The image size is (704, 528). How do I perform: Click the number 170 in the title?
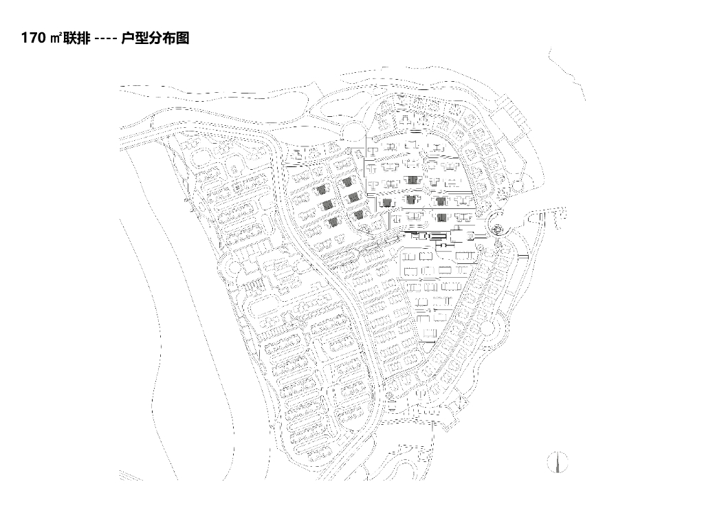point(34,39)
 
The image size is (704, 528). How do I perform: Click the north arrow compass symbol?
point(558,462)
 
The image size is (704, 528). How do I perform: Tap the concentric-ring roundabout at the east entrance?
point(498,228)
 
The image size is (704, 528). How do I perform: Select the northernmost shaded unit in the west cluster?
point(347,181)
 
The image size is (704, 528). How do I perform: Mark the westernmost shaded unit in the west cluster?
point(320,190)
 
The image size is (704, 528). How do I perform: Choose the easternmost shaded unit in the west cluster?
point(358,214)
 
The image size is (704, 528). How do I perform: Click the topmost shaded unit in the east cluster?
point(412,179)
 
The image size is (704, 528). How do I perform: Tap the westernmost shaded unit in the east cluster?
point(386,201)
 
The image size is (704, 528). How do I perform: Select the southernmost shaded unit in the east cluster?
point(441,218)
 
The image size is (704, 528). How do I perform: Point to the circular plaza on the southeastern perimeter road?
point(489,329)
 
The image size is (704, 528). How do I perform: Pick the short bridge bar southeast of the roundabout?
point(522,256)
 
